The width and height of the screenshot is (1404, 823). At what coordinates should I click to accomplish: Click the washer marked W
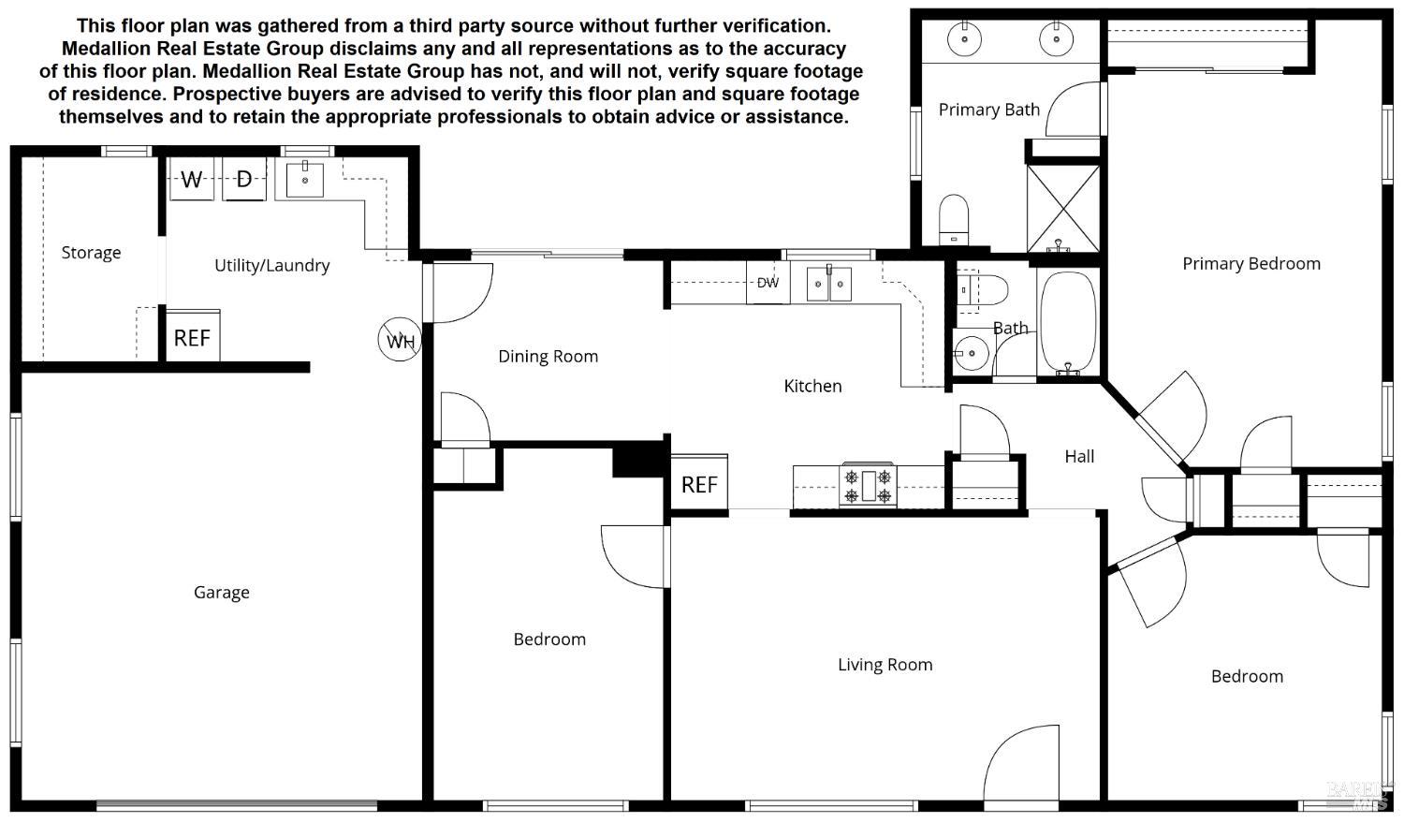coord(192,179)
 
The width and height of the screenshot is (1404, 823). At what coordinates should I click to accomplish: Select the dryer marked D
coord(244,179)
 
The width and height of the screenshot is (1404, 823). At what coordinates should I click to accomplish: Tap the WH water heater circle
coord(400,340)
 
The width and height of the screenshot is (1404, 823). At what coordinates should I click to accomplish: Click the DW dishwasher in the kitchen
coord(768,283)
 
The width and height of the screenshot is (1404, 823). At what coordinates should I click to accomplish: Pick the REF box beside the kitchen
coord(699,484)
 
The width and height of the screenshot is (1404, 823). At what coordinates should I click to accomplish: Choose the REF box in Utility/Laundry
coord(192,337)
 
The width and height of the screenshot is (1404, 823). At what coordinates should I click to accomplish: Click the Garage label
coord(222,592)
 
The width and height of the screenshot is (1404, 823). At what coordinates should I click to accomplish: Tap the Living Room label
coord(885,665)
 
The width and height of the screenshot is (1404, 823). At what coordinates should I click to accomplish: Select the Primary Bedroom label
coord(1250,264)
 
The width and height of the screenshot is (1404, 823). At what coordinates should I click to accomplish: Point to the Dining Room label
coord(548,356)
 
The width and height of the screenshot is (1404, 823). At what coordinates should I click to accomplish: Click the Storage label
coord(91,253)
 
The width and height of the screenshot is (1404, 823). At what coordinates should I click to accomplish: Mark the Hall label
coord(1078,456)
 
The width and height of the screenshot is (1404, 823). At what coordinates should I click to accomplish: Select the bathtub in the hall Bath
coord(1068,322)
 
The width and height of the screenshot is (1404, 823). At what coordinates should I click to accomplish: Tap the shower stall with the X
coord(1063,208)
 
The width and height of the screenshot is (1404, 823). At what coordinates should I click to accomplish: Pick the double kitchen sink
coord(829,284)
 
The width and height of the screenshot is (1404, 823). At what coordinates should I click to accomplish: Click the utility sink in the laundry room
coord(304,178)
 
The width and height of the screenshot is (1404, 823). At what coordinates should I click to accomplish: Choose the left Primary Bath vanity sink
coord(964,39)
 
